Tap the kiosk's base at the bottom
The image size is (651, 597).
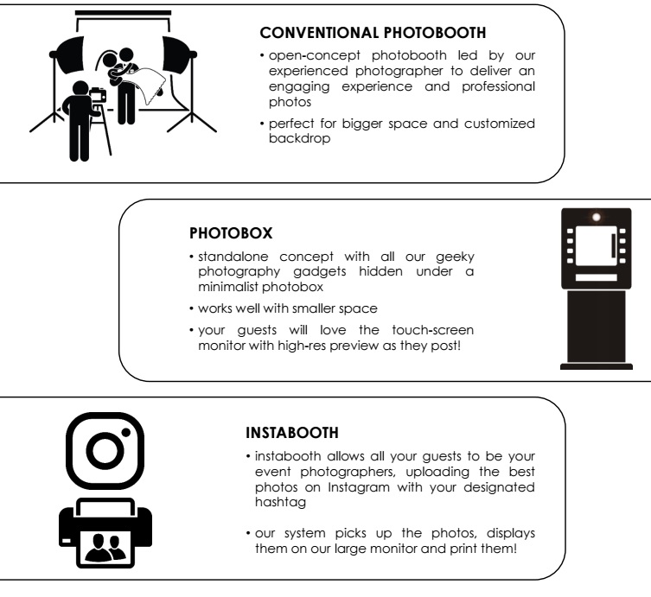597,365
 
